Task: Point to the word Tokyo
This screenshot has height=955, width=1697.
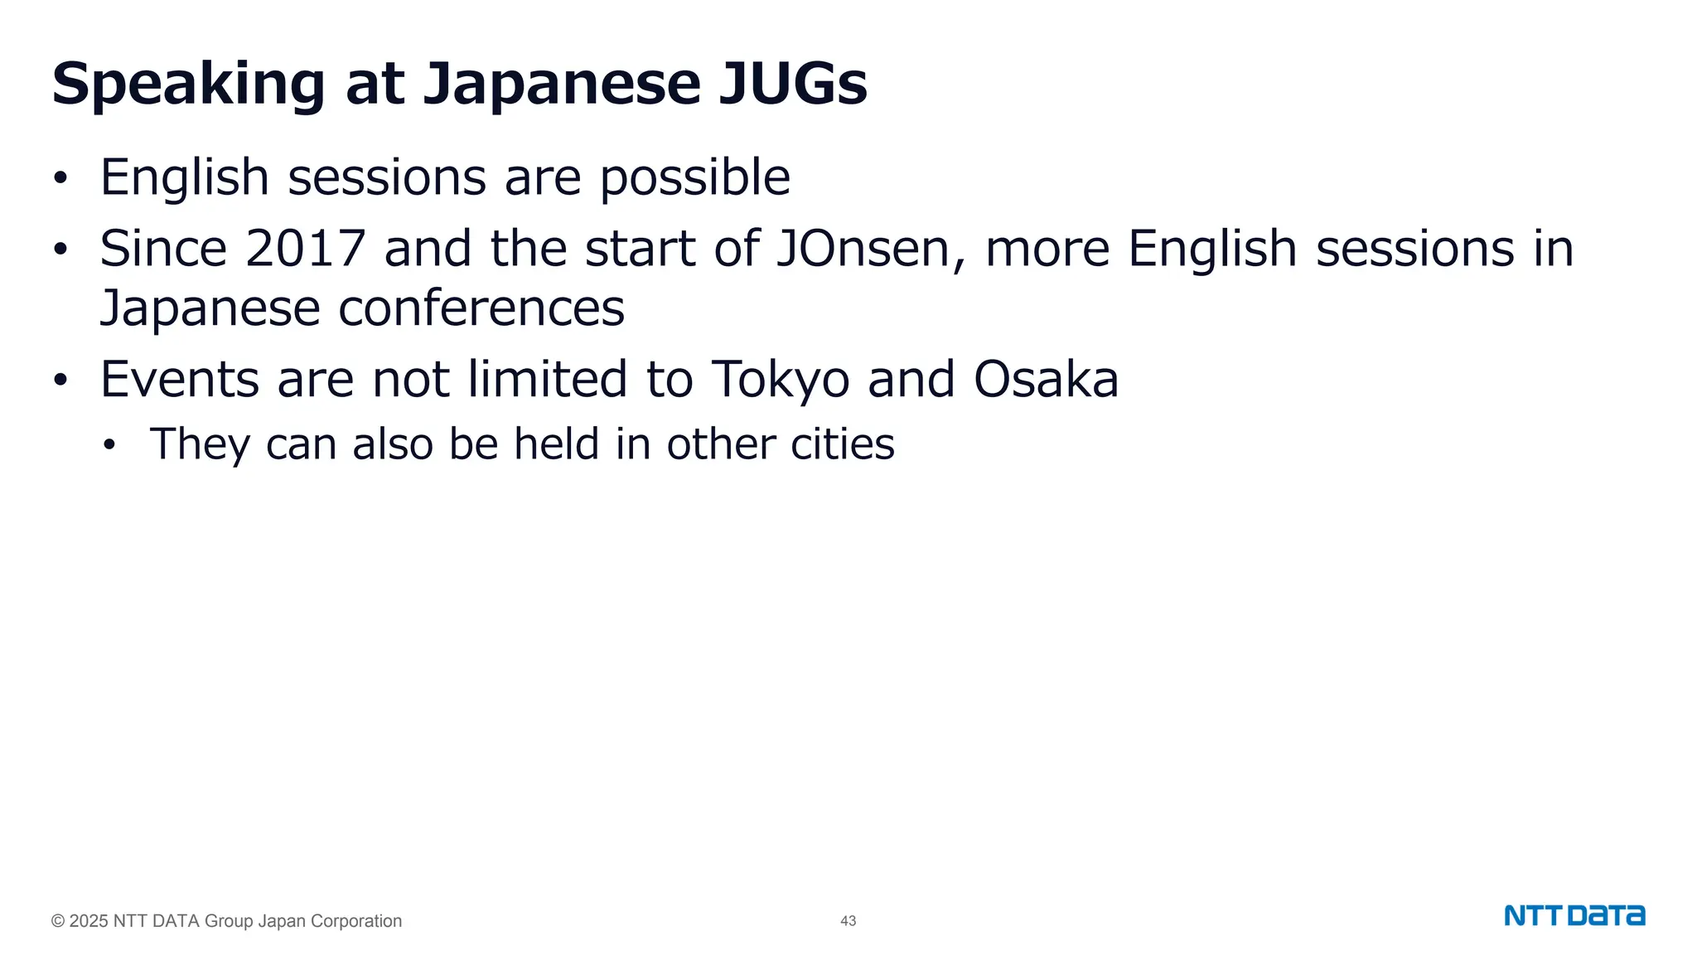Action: click(x=780, y=380)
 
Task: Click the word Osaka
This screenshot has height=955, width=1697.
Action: click(x=1046, y=379)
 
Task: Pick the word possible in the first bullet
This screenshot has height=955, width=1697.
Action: click(x=694, y=177)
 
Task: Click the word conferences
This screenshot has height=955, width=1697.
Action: click(x=481, y=308)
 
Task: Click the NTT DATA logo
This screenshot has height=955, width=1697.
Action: click(x=1574, y=916)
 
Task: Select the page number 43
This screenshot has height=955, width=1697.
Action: click(x=848, y=921)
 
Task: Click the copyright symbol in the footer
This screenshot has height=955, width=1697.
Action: click(x=58, y=921)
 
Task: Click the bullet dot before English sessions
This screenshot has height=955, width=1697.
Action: click(x=59, y=178)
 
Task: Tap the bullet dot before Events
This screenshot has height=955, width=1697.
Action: click(x=59, y=381)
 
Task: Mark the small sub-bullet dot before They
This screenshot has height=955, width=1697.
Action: click(x=109, y=445)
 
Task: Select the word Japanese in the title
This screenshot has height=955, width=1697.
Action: click(x=562, y=85)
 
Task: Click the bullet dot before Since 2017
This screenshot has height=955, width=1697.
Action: click(x=59, y=250)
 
